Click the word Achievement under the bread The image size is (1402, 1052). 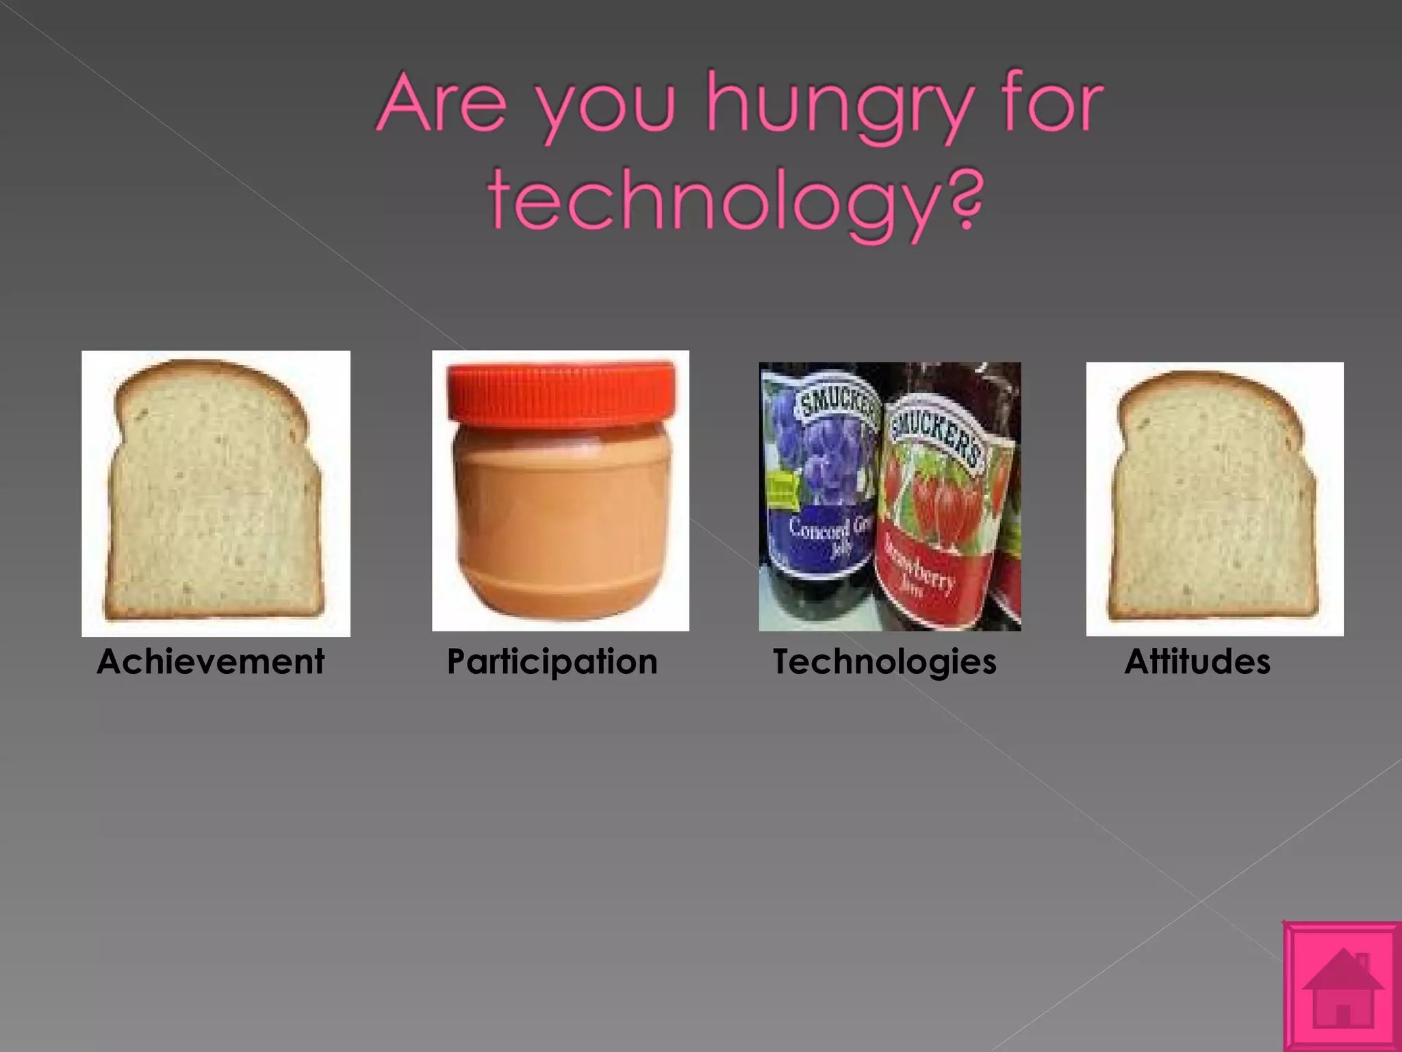pyautogui.click(x=210, y=662)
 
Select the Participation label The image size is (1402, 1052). pyautogui.click(x=552, y=662)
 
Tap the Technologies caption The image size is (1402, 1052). pyautogui.click(x=884, y=662)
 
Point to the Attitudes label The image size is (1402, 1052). pyautogui.click(x=1197, y=662)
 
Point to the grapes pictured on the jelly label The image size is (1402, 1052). pyautogui.click(x=835, y=459)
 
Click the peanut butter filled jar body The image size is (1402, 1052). pyautogui.click(x=561, y=517)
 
